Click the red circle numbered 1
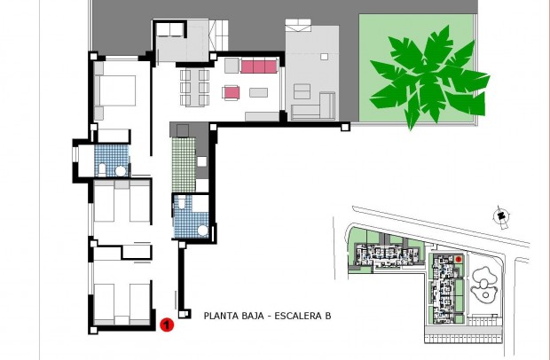pyautogui.click(x=166, y=325)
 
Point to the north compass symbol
pyautogui.click(x=502, y=215)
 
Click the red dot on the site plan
pyautogui.click(x=459, y=259)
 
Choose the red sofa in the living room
pyautogui.click(x=258, y=67)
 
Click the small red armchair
pyautogui.click(x=232, y=91)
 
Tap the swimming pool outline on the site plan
pyautogui.click(x=484, y=285)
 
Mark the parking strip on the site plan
pyautogui.click(x=461, y=333)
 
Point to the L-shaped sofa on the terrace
pyautogui.click(x=310, y=102)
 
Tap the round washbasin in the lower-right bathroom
pyautogui.click(x=201, y=230)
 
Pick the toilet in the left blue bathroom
pyautogui.click(x=103, y=168)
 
